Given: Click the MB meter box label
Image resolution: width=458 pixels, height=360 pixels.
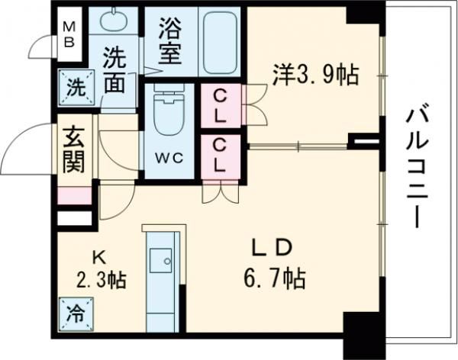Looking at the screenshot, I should click(68, 32).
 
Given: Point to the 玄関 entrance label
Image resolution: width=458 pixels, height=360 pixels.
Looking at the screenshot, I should click(74, 149).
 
